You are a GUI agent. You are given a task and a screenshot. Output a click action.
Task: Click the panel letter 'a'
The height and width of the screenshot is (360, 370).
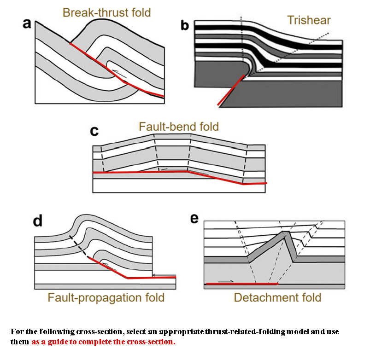click(27, 24)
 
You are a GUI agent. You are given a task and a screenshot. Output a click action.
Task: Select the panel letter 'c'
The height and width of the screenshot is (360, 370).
click(94, 131)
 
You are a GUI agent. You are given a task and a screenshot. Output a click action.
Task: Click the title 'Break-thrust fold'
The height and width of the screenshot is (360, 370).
click(106, 12)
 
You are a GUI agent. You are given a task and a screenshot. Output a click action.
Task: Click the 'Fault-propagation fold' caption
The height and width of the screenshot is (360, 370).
click(106, 297)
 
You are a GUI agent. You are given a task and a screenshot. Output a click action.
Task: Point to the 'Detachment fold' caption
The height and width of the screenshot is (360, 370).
click(277, 297)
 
